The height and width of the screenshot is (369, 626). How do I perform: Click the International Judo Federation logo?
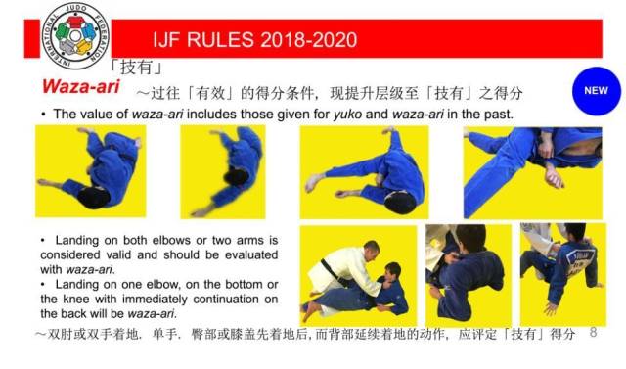coord(75,35)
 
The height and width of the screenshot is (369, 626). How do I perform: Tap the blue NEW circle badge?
coord(596,91)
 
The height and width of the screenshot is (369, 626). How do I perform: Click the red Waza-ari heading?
coord(81,86)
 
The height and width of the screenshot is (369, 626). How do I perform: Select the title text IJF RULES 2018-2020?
coord(255,39)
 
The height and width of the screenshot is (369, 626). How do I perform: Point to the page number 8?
coord(593,332)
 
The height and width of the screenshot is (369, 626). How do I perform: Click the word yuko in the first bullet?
coord(347,115)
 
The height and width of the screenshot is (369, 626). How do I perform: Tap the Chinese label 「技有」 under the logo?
coord(136,67)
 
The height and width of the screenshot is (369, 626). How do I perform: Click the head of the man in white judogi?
coord(372,251)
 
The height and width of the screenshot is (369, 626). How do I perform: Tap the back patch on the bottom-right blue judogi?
coord(580,260)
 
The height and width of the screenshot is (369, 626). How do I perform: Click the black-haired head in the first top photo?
coord(94,198)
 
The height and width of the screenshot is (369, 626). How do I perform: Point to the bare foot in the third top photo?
coord(314,182)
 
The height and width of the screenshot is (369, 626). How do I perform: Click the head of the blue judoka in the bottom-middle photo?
coord(470,239)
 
